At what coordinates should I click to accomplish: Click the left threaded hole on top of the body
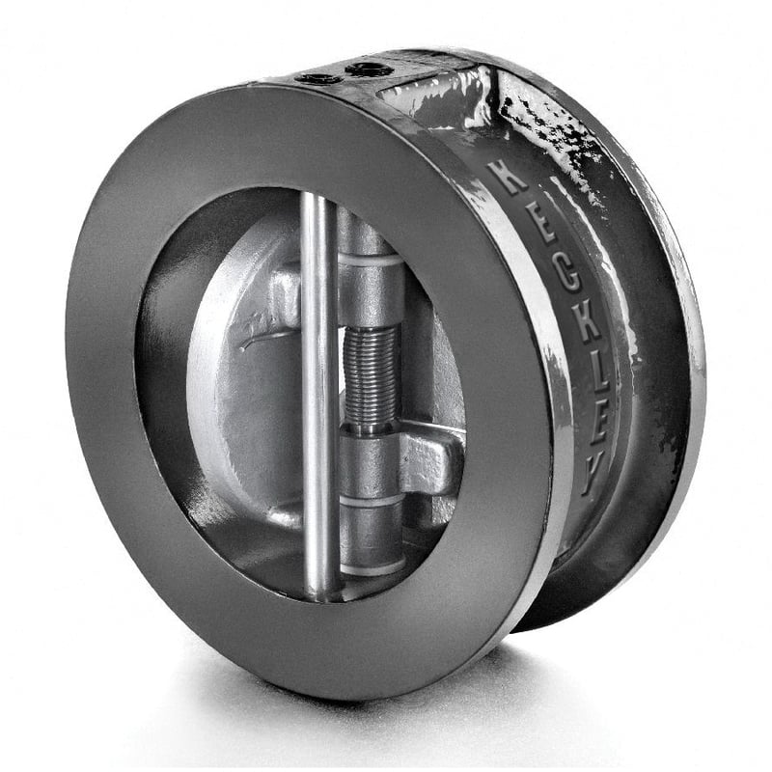(316, 78)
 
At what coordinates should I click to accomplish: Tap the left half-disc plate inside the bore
(241, 405)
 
